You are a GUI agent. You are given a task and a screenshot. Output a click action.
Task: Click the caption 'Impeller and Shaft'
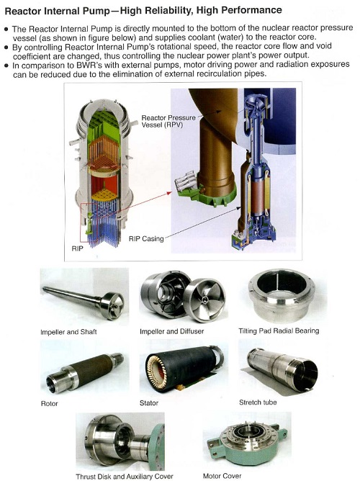point(68,332)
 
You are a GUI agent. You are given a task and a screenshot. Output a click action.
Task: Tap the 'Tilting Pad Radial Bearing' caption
point(279,331)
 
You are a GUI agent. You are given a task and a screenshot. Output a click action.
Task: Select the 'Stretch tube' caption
point(258,403)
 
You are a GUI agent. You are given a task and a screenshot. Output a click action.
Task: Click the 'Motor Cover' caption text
point(222,476)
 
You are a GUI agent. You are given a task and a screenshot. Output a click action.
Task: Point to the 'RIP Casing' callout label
point(146,238)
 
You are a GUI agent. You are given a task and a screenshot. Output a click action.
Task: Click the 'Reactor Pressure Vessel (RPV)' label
point(168,122)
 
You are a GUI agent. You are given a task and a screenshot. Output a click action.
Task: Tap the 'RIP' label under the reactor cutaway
point(77,248)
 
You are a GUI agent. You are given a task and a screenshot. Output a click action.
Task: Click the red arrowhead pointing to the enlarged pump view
point(169,193)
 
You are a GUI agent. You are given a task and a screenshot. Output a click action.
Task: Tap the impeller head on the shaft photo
point(112,306)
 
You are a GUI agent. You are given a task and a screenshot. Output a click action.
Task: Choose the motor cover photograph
point(247,439)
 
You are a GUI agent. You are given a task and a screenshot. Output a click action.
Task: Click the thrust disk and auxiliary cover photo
point(120,441)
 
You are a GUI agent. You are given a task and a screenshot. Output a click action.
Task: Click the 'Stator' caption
point(149,403)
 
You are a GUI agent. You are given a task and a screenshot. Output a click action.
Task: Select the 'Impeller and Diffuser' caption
point(172,331)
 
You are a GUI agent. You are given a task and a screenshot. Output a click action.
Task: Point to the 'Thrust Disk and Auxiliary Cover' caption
point(125,477)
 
